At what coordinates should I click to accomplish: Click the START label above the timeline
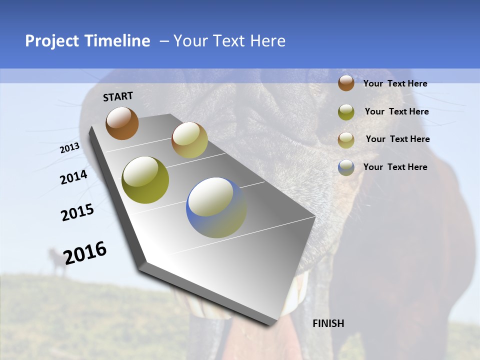coord(118,96)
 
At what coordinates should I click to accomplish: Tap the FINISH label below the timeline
coord(328,323)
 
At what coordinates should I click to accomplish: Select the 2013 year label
coord(70,148)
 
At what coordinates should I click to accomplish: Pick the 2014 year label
coord(74,177)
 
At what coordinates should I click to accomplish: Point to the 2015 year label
coord(77,212)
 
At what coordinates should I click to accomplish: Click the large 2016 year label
coord(85,252)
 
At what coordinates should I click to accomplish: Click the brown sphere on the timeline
coord(122,123)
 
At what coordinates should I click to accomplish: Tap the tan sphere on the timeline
coord(189,140)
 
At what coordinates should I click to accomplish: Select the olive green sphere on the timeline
coord(145,180)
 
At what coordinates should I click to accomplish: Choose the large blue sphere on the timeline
coord(216,207)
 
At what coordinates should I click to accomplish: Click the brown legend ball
coord(346,83)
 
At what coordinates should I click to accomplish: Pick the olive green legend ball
coord(346,112)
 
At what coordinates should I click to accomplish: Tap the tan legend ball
coord(346,139)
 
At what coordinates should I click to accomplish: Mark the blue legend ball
coord(346,167)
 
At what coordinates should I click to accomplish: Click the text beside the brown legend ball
coord(395,83)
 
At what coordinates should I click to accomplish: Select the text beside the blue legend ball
coord(395,167)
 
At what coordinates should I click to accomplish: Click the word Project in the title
coord(52,41)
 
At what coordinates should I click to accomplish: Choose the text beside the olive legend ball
coord(396,111)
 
